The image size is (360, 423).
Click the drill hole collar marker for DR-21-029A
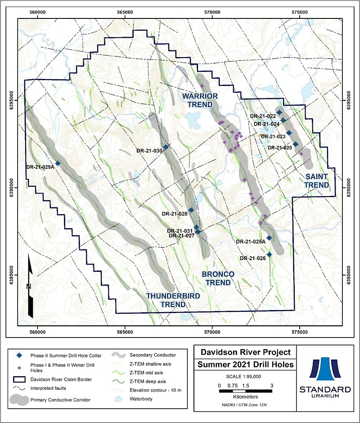point(58,163)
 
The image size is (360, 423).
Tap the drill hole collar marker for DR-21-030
point(166,147)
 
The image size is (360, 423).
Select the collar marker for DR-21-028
point(191,210)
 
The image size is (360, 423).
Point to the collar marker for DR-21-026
point(270,255)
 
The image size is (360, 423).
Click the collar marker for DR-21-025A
point(269,238)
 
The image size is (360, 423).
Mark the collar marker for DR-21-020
point(296,144)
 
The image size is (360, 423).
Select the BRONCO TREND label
point(218,278)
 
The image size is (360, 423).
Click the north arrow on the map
point(30,286)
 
